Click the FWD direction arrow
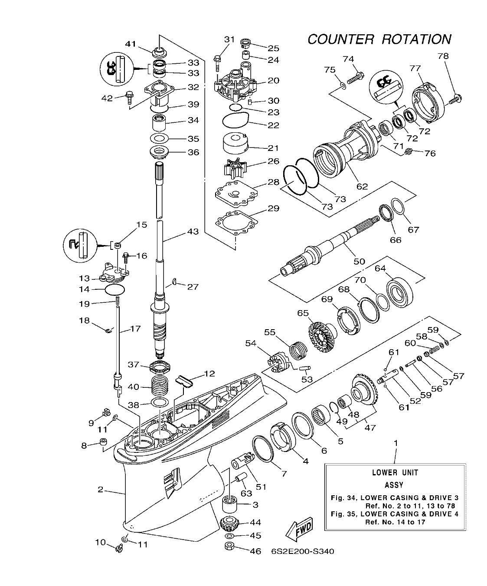[x=299, y=530]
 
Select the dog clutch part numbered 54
[x=276, y=363]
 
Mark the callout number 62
[x=362, y=186]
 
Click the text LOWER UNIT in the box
[x=395, y=472]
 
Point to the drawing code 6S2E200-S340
[x=302, y=551]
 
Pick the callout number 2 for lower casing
[x=100, y=490]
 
